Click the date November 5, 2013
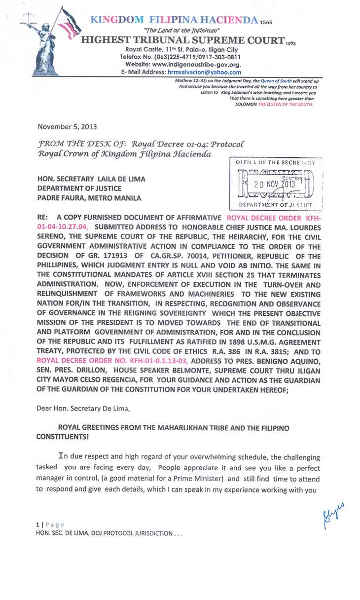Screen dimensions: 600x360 point(63,126)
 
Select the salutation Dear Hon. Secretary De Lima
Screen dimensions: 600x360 point(75,408)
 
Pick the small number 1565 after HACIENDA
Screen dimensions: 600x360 point(265,23)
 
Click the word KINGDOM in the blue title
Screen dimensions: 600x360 point(117,20)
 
